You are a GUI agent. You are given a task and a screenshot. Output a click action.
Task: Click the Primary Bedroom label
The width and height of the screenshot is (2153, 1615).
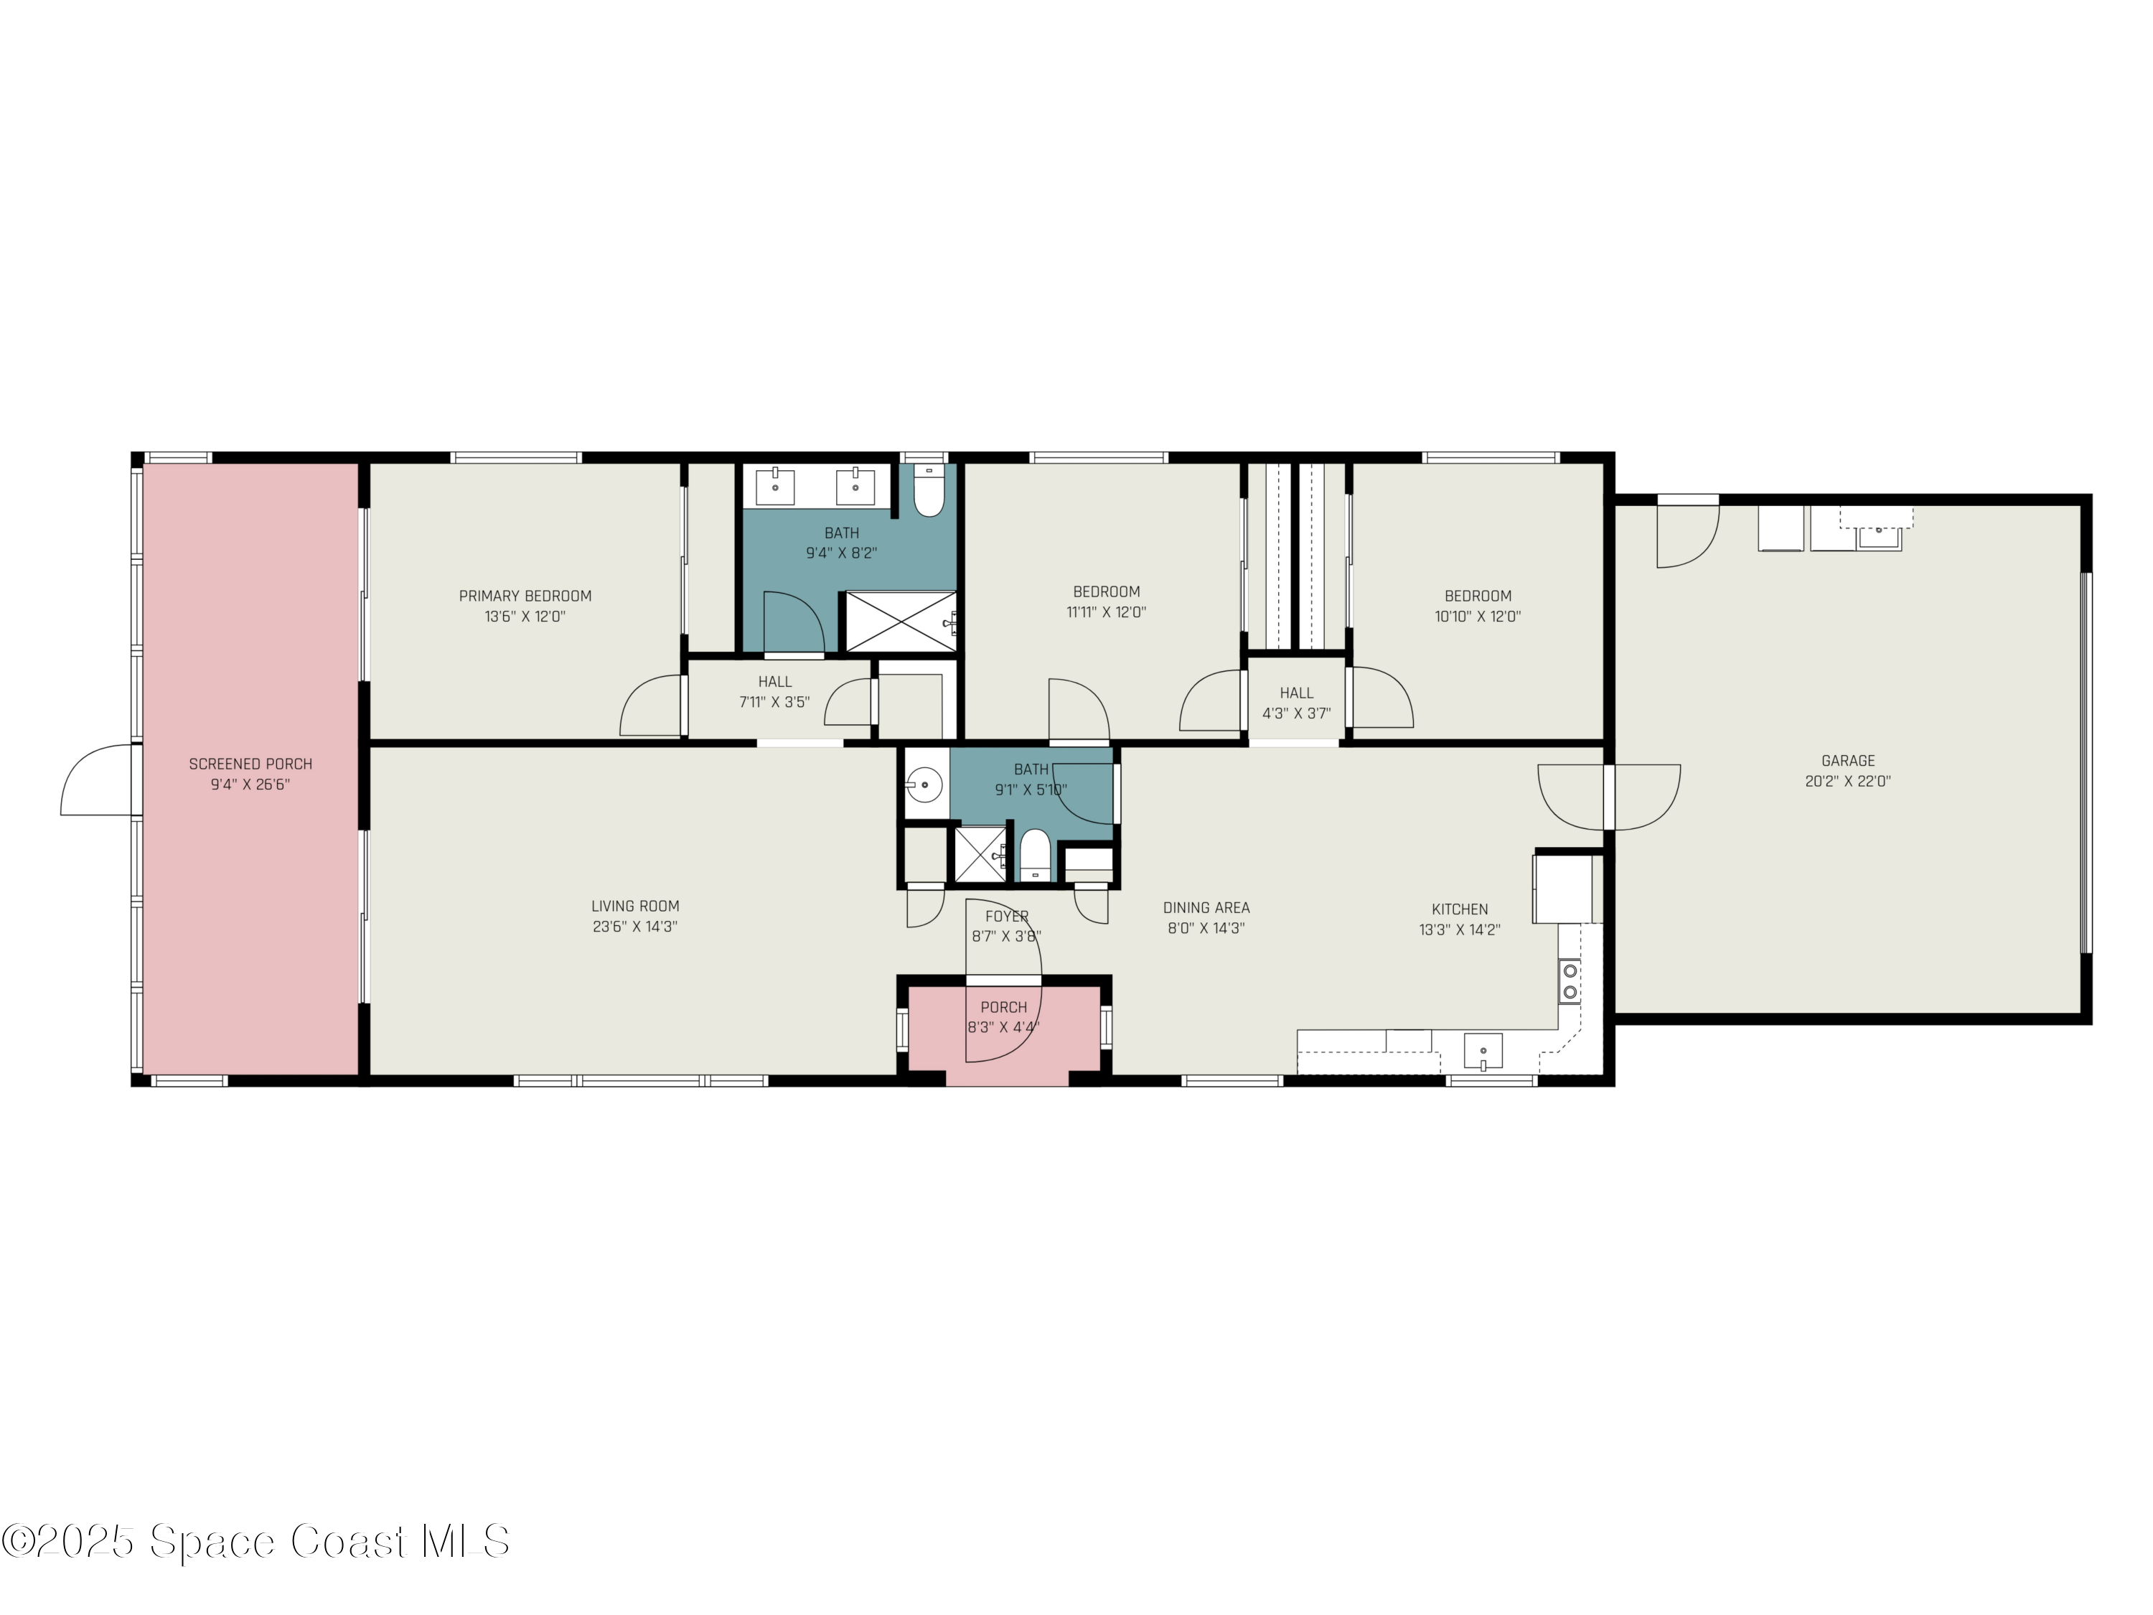[x=525, y=596]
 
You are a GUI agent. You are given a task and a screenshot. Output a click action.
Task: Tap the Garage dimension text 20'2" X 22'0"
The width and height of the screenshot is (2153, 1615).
[x=1847, y=781]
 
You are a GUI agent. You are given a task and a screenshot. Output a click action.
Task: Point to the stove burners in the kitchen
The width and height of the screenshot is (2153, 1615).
[x=1569, y=981]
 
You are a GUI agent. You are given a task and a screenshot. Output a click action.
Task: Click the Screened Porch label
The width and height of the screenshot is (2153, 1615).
[x=250, y=764]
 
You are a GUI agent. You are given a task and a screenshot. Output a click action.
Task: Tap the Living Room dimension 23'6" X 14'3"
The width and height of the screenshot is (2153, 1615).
[x=634, y=927]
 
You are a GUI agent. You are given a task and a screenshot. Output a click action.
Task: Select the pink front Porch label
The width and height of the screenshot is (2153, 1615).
[x=1003, y=1008]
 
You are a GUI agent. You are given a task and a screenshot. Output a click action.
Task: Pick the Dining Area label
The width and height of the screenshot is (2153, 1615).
[x=1206, y=907]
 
